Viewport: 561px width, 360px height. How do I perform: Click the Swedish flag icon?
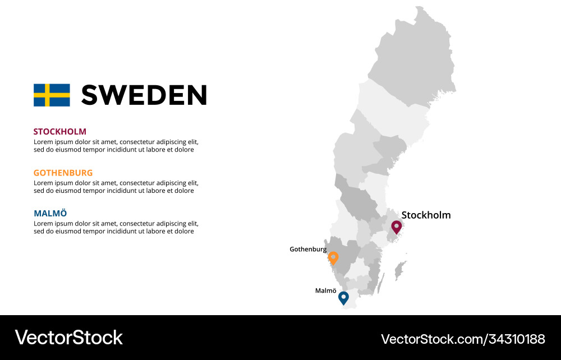(x=52, y=95)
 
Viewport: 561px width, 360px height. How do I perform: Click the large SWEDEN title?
(x=144, y=95)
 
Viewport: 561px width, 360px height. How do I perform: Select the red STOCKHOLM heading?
(x=60, y=132)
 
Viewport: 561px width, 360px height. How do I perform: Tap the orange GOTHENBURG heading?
(x=63, y=173)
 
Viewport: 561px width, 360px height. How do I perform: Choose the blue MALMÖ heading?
(x=50, y=213)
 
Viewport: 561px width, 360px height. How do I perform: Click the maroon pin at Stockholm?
(x=396, y=227)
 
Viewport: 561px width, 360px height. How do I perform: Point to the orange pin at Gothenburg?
(x=333, y=258)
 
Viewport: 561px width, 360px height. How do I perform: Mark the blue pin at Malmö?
(x=343, y=298)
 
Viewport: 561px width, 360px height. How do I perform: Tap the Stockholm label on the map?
(x=426, y=215)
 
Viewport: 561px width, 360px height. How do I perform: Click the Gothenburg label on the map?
(x=308, y=249)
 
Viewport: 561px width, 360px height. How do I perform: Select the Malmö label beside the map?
(x=326, y=290)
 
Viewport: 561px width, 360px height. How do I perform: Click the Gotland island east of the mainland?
(x=401, y=270)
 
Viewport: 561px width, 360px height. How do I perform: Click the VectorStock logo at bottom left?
(x=68, y=338)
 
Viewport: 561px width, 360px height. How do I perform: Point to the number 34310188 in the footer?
(x=517, y=339)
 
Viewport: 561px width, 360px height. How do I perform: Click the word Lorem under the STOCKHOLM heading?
(x=43, y=142)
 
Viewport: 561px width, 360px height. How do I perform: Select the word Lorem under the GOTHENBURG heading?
(x=43, y=183)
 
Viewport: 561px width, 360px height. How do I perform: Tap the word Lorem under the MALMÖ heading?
(x=43, y=224)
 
